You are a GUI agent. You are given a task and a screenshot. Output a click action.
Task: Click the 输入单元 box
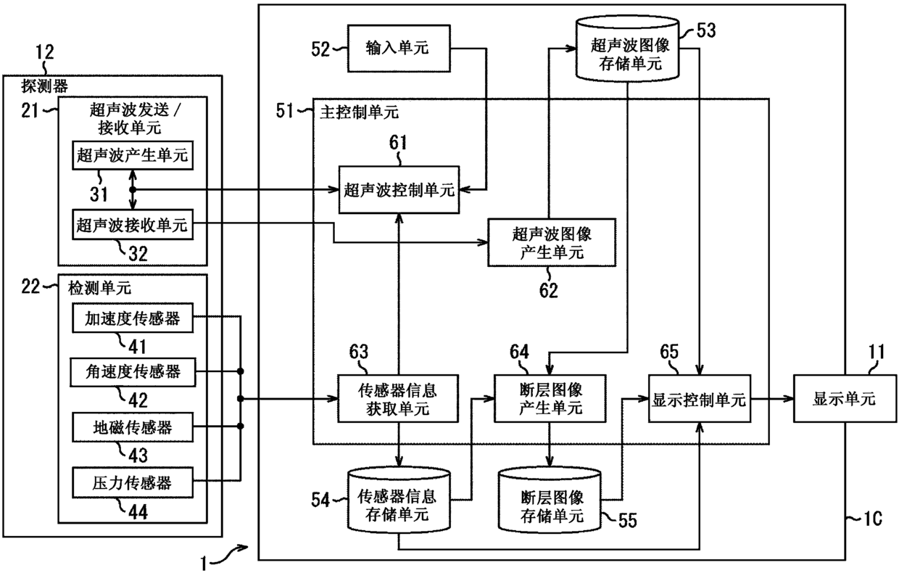[399, 49]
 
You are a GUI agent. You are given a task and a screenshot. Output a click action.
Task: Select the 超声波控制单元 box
[399, 189]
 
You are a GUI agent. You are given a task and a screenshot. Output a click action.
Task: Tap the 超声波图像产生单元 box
[552, 242]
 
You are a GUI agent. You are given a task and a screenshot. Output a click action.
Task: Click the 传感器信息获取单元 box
[398, 399]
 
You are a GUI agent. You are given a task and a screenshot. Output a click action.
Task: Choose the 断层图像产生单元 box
[550, 399]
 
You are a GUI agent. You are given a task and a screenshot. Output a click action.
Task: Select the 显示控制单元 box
[700, 399]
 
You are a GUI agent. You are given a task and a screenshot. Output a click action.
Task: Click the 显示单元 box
[845, 399]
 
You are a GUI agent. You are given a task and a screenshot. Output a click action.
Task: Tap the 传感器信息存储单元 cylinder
[399, 500]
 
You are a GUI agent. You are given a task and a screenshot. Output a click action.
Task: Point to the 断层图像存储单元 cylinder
[550, 500]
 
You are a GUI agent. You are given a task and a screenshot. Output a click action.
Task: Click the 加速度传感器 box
[133, 318]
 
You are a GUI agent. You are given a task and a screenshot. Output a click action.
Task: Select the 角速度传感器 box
[133, 372]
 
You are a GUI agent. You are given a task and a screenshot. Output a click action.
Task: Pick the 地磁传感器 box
[133, 427]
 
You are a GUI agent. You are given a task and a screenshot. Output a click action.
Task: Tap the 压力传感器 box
[133, 482]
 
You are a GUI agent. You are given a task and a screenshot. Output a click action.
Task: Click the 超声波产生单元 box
[133, 155]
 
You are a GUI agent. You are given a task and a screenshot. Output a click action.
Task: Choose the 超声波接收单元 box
[133, 224]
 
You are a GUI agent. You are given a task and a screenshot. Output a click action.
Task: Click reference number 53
[706, 30]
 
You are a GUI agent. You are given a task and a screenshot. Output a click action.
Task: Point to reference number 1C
[872, 519]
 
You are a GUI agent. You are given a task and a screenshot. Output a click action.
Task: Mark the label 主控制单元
[359, 112]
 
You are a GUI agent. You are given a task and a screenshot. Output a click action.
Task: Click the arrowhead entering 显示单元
[788, 399]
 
